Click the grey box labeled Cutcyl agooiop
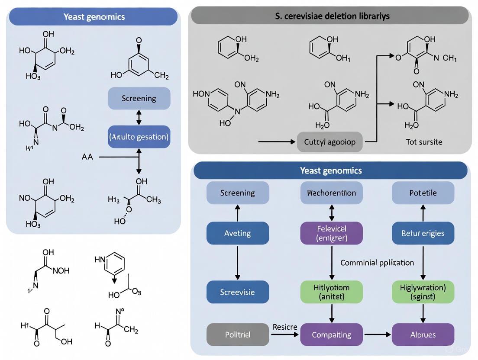tap(330, 142)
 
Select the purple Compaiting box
tap(331, 334)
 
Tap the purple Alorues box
tap(423, 334)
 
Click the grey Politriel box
tap(238, 334)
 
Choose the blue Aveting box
tap(238, 233)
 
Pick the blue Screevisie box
tap(238, 292)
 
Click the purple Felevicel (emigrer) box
tap(331, 233)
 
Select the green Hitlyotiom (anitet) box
tap(331, 292)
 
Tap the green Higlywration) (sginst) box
tap(423, 292)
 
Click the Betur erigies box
tap(423, 233)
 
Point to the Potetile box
tap(423, 193)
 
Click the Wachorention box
tap(331, 193)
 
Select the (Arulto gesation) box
tap(139, 137)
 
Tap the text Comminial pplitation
tap(377, 263)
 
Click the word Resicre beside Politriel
tap(285, 327)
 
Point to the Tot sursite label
tap(424, 142)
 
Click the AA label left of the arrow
tap(87, 157)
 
